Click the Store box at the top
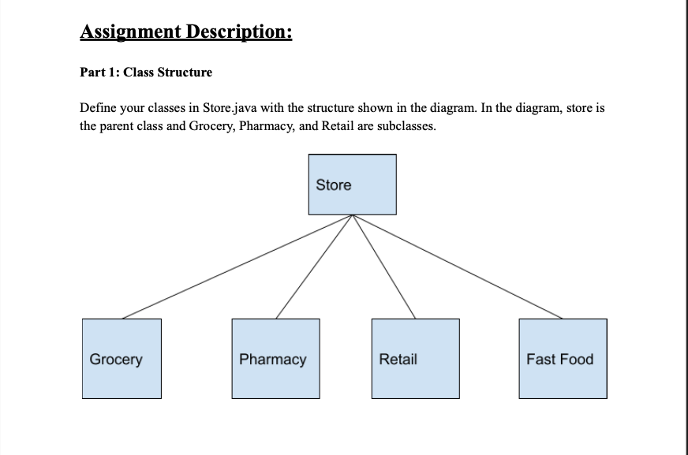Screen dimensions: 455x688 tap(352, 185)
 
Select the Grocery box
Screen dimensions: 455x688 tap(122, 358)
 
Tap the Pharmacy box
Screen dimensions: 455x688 tap(275, 358)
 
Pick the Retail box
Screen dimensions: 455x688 tap(415, 358)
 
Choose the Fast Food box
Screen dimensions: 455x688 tap(563, 358)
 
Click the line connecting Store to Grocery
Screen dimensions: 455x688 tap(237, 267)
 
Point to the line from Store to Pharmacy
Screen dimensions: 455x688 tap(314, 267)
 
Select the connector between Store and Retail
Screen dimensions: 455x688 tap(384, 267)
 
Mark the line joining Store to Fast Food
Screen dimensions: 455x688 tap(458, 267)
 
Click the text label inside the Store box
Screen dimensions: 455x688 tap(334, 185)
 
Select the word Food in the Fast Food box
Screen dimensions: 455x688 tap(578, 360)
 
